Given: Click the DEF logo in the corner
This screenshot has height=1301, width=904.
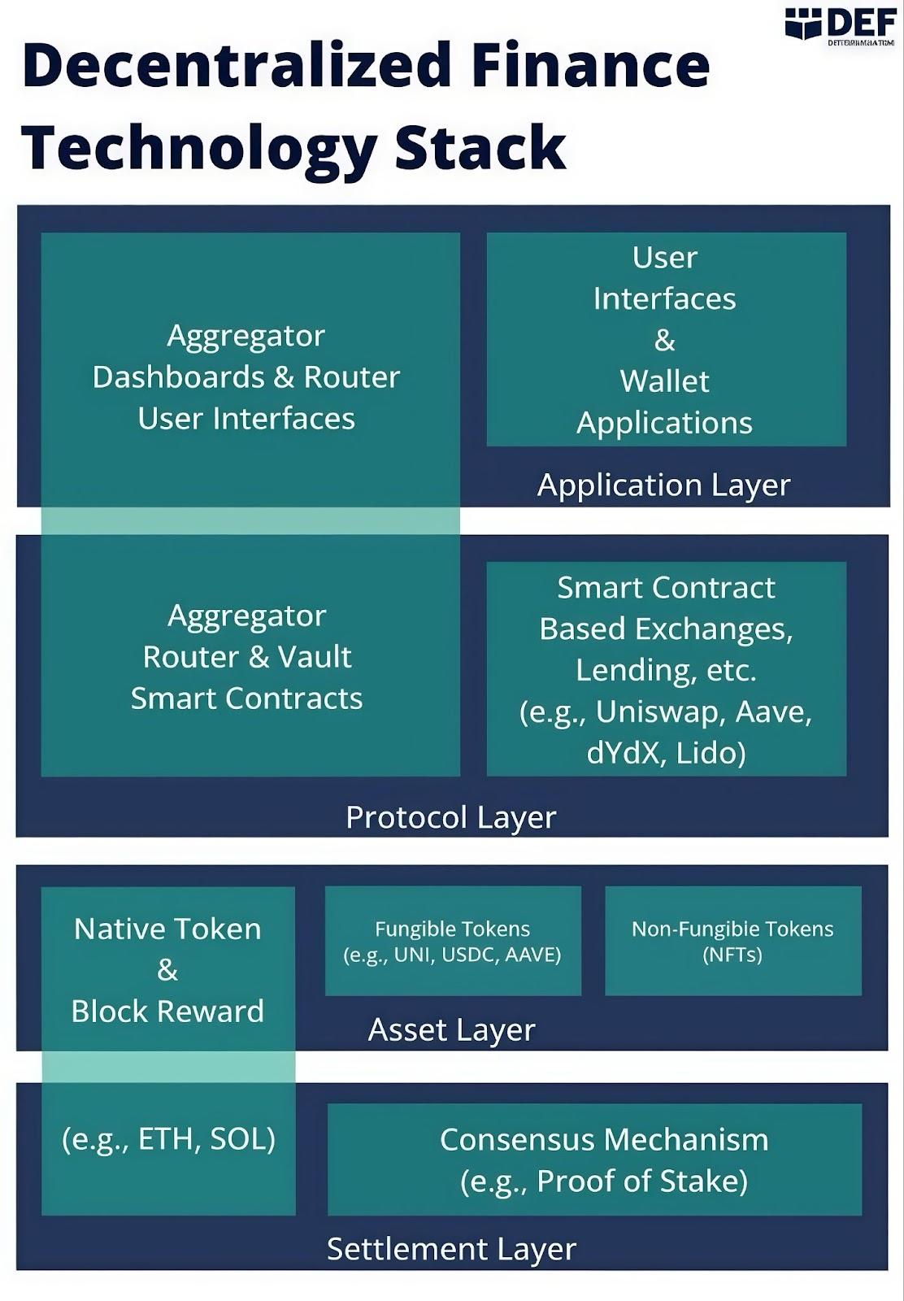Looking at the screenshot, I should tap(842, 24).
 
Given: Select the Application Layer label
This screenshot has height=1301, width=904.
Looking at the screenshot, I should tap(663, 485).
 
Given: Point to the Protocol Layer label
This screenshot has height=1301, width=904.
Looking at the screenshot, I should tap(450, 817).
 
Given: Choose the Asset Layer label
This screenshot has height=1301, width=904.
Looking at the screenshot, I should tap(451, 1029).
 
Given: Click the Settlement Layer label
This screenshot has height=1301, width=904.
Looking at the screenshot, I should tap(451, 1248).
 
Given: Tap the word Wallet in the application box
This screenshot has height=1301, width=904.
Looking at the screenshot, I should tap(665, 381).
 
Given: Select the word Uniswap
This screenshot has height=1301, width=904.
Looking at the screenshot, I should tap(661, 711).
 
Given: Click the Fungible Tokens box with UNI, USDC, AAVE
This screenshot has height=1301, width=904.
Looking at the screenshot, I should tap(453, 941).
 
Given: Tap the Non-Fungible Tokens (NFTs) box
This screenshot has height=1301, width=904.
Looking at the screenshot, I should tap(732, 941).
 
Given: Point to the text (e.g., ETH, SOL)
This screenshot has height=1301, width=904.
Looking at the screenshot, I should tap(168, 1138).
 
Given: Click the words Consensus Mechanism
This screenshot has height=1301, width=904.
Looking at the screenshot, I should tap(604, 1139).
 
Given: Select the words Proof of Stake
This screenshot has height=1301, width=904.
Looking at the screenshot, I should tap(641, 1181).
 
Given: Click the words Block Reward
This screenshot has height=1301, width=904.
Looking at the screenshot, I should tap(167, 1011).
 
